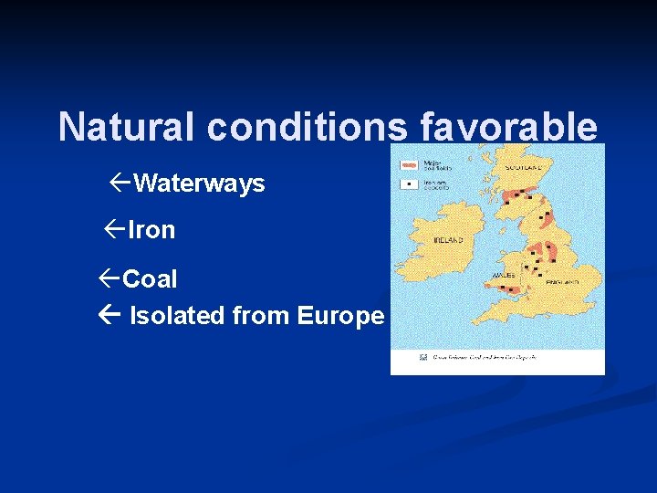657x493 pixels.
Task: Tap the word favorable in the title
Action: pyautogui.click(x=508, y=127)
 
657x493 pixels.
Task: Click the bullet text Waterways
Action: pyautogui.click(x=199, y=184)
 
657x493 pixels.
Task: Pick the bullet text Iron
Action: pyautogui.click(x=151, y=230)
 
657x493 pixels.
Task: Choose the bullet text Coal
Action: pyautogui.click(x=150, y=278)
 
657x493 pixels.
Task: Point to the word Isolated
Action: pyautogui.click(x=177, y=316)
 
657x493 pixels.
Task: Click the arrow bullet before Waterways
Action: pyautogui.click(x=120, y=183)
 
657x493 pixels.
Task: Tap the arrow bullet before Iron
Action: pyautogui.click(x=114, y=229)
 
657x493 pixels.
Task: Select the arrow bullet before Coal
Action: pyautogui.click(x=109, y=278)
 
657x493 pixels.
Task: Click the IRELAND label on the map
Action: pyautogui.click(x=448, y=240)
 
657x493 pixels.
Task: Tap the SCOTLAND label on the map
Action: pyautogui.click(x=524, y=167)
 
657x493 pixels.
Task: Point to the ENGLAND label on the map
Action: pyautogui.click(x=563, y=283)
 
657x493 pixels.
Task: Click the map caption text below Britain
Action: pyautogui.click(x=484, y=357)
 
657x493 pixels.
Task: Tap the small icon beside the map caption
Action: pyautogui.click(x=422, y=357)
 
